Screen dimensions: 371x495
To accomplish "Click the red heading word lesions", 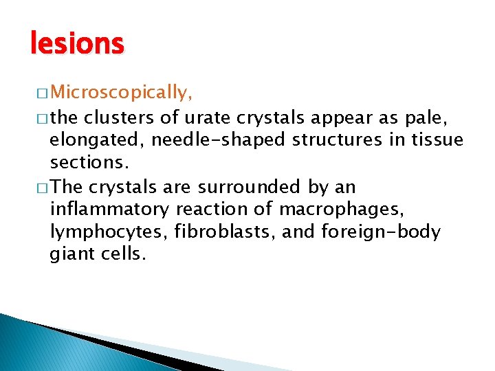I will (x=77, y=44).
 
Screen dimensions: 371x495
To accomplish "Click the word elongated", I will (x=96, y=140).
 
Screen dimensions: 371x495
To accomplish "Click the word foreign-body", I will (x=380, y=232).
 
